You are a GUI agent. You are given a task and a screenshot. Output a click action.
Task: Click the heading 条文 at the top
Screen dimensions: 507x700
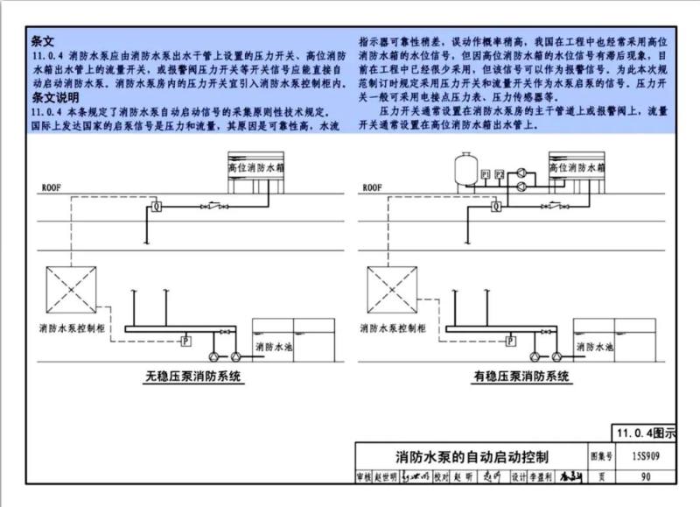pyautogui.click(x=43, y=40)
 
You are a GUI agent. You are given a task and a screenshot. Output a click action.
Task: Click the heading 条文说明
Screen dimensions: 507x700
pyautogui.click(x=54, y=97)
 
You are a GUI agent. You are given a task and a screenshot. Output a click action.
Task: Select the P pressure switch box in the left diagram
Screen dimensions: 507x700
pyautogui.click(x=185, y=340)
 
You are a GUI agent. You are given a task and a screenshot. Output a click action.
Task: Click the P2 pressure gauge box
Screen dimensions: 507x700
pyautogui.click(x=500, y=176)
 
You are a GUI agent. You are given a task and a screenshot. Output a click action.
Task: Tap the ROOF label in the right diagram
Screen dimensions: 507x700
pyautogui.click(x=373, y=187)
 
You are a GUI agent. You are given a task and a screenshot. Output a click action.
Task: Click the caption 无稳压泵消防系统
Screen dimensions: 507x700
pyautogui.click(x=193, y=377)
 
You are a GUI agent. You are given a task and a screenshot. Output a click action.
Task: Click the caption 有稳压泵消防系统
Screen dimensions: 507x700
pyautogui.click(x=521, y=377)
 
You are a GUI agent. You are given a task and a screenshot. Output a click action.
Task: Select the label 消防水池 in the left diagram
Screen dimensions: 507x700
pyautogui.click(x=274, y=347)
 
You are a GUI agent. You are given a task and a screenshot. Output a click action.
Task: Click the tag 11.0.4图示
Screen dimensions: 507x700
pyautogui.click(x=645, y=433)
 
